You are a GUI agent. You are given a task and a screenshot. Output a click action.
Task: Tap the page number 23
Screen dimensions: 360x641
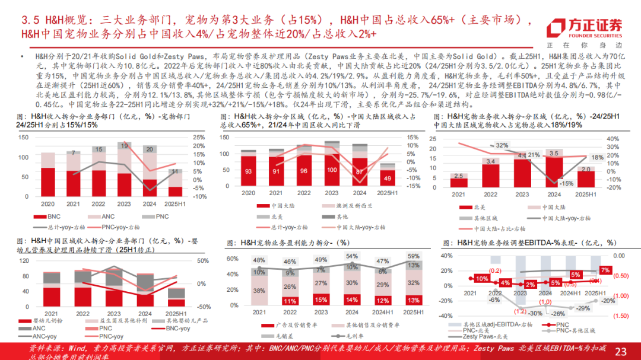620,351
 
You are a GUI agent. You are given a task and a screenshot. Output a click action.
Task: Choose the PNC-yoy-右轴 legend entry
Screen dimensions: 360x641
122,227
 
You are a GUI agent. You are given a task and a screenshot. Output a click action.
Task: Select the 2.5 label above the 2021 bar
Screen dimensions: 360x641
458,176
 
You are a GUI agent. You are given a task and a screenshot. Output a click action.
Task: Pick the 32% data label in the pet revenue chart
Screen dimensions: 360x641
502,145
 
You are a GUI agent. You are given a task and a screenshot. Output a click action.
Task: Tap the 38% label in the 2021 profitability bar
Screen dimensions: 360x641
259,291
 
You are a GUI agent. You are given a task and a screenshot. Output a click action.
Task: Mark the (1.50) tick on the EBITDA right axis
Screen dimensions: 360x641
621,316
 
